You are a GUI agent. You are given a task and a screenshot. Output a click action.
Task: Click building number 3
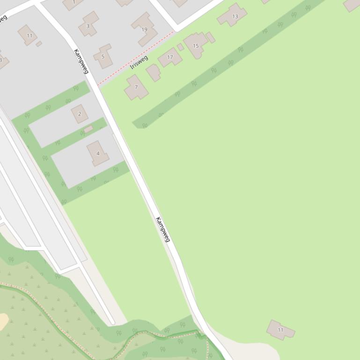point(88,24)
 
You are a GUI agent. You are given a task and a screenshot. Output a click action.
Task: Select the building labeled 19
point(144,29)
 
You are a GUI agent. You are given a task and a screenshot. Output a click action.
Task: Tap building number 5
point(103,57)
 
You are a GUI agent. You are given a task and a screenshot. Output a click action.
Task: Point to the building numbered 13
point(233,16)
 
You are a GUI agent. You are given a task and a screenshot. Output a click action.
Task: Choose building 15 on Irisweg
point(196,45)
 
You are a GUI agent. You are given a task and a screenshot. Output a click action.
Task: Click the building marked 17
point(170,58)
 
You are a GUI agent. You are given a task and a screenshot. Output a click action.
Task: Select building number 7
point(136,87)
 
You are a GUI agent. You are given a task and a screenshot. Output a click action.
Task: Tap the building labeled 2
point(80,114)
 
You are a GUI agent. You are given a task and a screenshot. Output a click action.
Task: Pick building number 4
point(97,153)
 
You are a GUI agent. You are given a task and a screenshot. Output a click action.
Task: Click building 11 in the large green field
point(280,330)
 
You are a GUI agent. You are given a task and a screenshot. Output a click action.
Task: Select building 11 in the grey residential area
point(28,35)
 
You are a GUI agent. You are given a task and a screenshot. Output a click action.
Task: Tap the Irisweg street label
point(139,62)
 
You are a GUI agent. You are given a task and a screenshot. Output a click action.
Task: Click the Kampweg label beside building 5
point(81,61)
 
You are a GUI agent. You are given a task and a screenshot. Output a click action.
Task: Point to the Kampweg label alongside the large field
point(162,229)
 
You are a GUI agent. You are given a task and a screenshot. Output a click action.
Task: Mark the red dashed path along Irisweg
point(136,58)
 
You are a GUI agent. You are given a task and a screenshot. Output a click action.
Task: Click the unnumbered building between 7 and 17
point(153,73)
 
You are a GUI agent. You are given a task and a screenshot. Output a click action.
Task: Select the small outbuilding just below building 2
point(88,129)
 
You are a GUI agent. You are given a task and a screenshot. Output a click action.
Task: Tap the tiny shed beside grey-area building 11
point(39,43)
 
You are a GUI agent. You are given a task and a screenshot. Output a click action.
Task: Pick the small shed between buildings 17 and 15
point(181,47)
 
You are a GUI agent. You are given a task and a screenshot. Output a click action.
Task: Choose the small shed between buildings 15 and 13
point(211,37)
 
